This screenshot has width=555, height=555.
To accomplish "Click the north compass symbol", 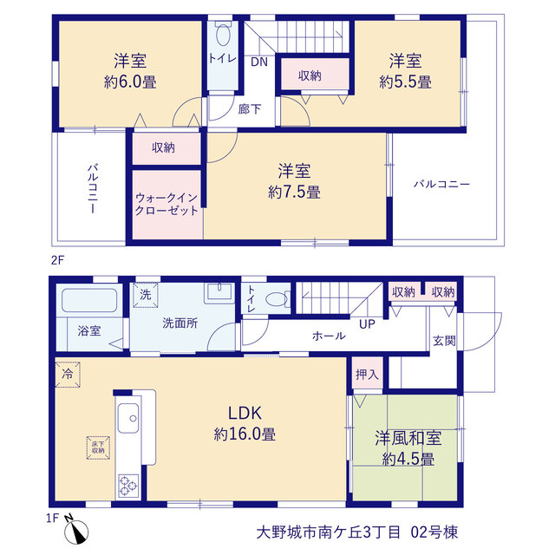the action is coord(76,530).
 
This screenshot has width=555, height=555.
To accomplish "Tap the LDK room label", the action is coord(245,413).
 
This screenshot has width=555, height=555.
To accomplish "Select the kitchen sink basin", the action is coord(127,418).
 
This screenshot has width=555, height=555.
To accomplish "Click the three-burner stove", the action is coord(127,486).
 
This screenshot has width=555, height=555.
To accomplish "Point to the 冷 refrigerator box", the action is coord(68,374).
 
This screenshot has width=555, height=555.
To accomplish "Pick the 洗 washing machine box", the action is coord(146,295).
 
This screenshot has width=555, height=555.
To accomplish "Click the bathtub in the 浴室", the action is coord(89,300).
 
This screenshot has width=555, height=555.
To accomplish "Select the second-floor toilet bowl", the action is coord(224,35).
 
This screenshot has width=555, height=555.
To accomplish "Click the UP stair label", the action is coord(367,324).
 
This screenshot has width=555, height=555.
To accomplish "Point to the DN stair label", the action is coord(259,62).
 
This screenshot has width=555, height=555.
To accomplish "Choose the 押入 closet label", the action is coord(367,374).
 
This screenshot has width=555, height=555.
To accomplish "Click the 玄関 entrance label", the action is coord(444,341).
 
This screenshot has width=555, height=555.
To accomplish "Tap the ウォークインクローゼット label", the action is coord(166,205).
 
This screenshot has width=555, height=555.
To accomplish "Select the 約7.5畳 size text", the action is coord(295,193).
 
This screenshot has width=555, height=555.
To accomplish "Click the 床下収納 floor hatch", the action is coord(98,447).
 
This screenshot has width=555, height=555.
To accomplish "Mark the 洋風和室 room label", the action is coord(408,438).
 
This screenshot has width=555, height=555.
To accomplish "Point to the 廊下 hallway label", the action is coord(250,109).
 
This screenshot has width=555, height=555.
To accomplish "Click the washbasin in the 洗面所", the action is coord(219,292).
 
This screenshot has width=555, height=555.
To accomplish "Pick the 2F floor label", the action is coord(58,261).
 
